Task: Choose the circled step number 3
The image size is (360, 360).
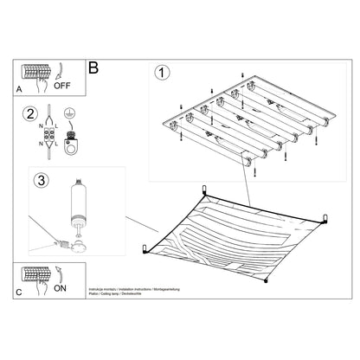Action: [x=37, y=181]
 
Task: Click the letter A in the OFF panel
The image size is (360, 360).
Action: [x=19, y=88]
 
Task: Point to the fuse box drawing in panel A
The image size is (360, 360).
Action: [x=37, y=72]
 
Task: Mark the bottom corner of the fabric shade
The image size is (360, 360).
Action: [x=267, y=280]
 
